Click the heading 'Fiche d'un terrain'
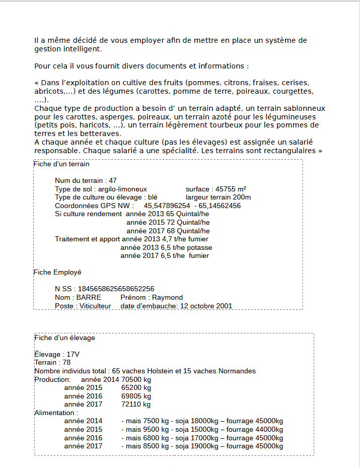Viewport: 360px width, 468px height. [x=62, y=164]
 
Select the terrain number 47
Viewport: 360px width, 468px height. [x=113, y=180]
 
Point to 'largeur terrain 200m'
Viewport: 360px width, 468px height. [x=218, y=197]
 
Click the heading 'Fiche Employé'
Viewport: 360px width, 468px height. [x=57, y=272]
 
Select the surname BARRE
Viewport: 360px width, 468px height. [x=89, y=297]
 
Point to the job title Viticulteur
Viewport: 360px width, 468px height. [x=95, y=306]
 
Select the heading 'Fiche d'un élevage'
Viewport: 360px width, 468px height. [x=64, y=338]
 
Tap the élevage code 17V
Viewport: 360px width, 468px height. [x=73, y=354]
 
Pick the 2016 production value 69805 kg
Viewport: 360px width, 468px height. [x=136, y=396]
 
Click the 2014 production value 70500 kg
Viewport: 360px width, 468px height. [x=136, y=379]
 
